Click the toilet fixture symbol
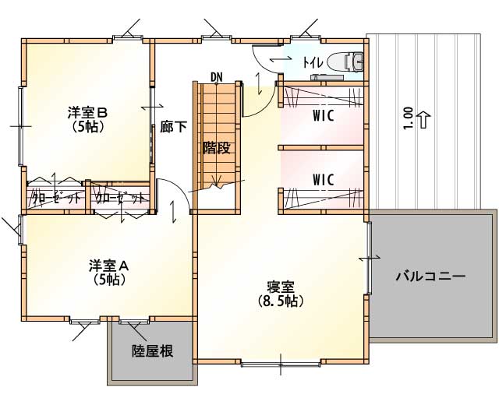[x=346, y=61]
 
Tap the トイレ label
[x=313, y=62]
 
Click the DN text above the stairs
[x=217, y=77]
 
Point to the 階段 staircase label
[x=217, y=148]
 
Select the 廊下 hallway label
[x=173, y=127]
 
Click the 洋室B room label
[x=87, y=112]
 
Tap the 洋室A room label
[x=109, y=266]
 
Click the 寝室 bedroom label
[x=281, y=287]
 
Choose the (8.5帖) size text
[x=281, y=301]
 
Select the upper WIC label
[x=324, y=116]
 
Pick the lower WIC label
[x=324, y=180]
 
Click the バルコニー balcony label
[x=430, y=276]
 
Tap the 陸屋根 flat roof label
[x=153, y=351]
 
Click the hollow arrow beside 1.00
[x=423, y=120]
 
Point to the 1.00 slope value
[x=409, y=118]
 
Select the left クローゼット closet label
[x=55, y=199]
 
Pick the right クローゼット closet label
[x=120, y=199]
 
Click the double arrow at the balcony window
[x=369, y=258]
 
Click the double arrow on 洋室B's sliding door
[x=152, y=107]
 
